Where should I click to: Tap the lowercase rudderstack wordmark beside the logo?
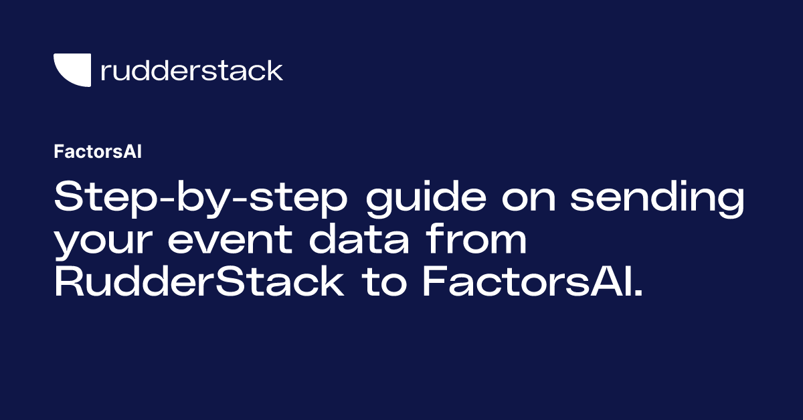191,70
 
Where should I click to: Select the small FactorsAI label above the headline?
97,151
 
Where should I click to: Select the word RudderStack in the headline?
199,284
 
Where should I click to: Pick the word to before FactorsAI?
381,284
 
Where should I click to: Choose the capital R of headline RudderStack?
69,284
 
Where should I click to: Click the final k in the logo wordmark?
275,70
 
